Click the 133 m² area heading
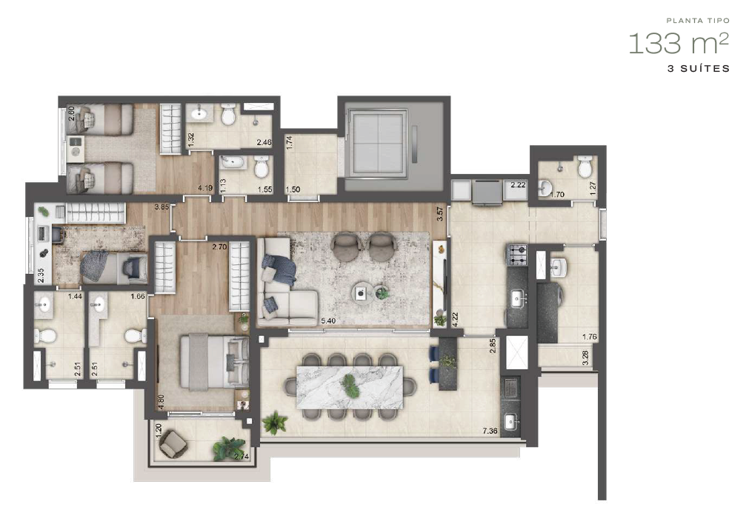click(678, 44)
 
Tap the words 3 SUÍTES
click(699, 69)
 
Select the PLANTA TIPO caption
click(698, 22)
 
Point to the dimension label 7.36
click(489, 431)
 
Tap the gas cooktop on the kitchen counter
click(516, 256)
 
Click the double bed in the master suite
click(215, 360)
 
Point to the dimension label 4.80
click(161, 401)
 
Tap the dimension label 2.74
click(241, 457)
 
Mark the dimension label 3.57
click(440, 215)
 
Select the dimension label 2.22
click(518, 185)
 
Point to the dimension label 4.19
click(205, 188)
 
